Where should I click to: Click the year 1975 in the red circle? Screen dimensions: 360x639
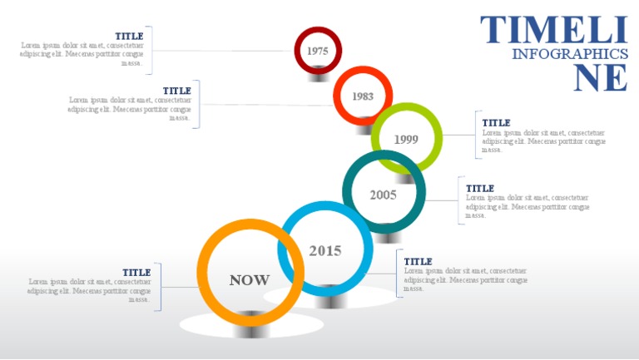[317, 51]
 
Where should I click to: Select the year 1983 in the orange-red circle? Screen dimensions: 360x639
[363, 96]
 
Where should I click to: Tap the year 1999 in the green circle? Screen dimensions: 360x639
[406, 139]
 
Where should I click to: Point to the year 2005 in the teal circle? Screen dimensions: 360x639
[383, 195]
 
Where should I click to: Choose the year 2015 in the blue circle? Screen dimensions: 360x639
[325, 250]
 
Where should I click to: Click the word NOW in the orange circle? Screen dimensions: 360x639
[250, 280]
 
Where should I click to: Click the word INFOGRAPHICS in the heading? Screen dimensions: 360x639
[569, 54]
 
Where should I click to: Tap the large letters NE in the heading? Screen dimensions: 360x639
[601, 78]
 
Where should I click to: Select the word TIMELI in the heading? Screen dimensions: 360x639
[553, 30]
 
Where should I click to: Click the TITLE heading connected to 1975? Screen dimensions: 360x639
[129, 36]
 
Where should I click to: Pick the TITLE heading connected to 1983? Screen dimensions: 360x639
[177, 91]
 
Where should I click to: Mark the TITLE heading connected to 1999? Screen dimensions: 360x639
[497, 123]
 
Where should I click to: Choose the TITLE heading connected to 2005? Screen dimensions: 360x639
[480, 189]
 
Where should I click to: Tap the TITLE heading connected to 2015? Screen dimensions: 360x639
[419, 262]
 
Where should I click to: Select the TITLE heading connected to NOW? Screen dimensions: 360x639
[136, 273]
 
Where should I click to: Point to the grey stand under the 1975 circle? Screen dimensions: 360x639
[318, 77]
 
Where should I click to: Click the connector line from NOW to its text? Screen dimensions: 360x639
[180, 287]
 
